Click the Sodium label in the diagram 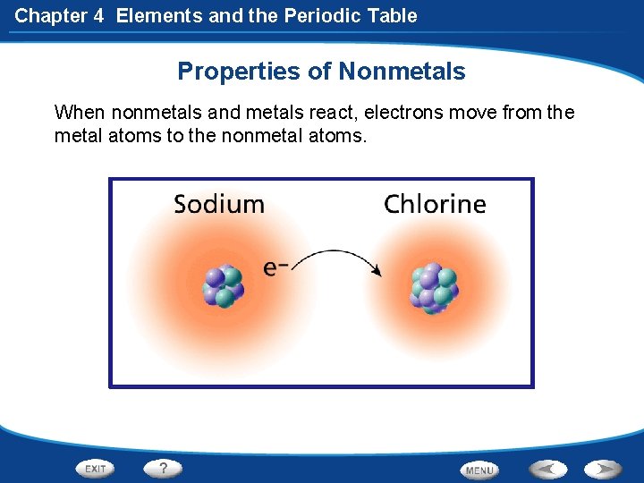[x=219, y=204]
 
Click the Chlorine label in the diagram [x=435, y=204]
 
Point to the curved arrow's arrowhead [x=379, y=270]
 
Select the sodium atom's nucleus [x=223, y=285]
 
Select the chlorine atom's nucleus [x=433, y=287]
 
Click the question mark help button [x=164, y=468]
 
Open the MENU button [x=479, y=470]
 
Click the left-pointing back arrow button [x=547, y=469]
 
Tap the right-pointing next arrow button [x=603, y=469]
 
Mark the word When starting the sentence [x=77, y=114]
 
